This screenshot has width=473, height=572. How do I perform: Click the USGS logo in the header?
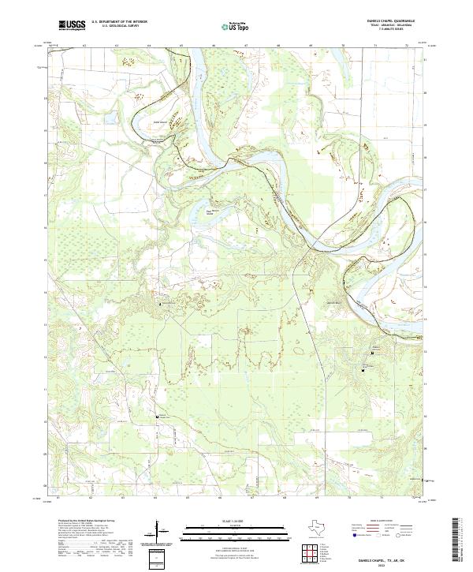pos(71,25)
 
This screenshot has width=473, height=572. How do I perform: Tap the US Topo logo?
pos(227,26)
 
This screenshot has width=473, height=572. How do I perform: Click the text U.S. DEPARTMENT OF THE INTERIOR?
pos(119,22)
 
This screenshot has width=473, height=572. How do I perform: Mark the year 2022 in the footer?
pos(393,566)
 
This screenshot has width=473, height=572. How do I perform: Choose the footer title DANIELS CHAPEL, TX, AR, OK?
pos(393,560)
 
